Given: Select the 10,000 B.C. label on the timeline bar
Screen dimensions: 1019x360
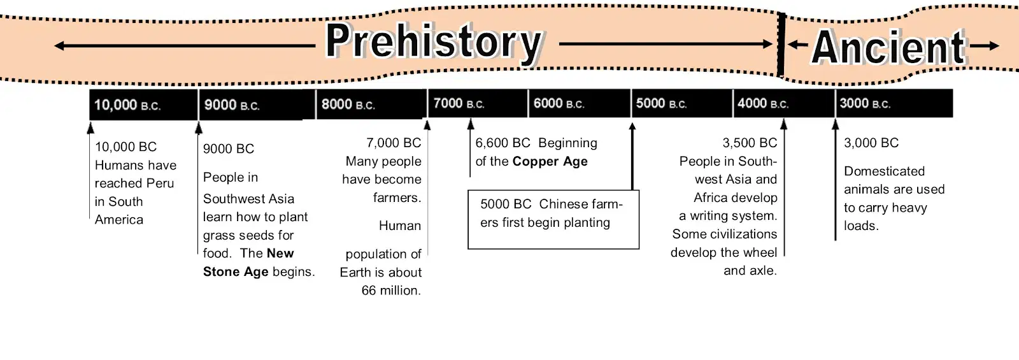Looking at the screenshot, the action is coord(127,105).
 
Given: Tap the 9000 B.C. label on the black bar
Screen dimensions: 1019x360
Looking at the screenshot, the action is coord(232,105).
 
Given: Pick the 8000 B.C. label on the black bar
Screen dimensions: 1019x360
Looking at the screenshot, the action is coord(348,104).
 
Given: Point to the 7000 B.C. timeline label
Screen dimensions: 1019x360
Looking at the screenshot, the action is coord(459,104).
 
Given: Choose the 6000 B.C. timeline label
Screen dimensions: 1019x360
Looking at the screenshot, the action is coord(559,104).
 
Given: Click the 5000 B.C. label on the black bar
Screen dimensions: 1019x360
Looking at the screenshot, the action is coord(661,104).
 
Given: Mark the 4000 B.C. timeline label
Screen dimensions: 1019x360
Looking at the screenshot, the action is coord(763,104).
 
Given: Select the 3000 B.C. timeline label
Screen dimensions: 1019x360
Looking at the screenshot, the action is coord(865,104).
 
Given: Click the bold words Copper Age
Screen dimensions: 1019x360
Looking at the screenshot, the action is coord(550,162).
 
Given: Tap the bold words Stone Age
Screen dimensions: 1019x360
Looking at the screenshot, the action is coord(236,271).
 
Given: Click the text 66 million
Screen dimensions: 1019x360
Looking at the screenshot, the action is coord(391,291).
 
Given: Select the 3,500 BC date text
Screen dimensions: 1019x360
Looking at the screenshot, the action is coord(750,143).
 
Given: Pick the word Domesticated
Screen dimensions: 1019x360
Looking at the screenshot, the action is coord(885,171).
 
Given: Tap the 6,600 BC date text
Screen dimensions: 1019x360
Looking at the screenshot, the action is coord(502,143).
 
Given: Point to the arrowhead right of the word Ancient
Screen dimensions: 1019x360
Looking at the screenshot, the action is coord(994,45).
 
